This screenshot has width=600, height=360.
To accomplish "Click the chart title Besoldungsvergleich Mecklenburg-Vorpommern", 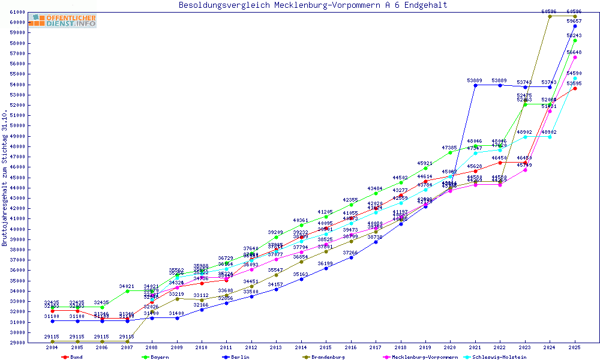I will [313, 5].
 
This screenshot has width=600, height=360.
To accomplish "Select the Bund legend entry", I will [73, 357].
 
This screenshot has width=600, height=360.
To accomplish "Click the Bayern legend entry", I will [154, 357].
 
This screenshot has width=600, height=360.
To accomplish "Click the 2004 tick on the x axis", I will [52, 347].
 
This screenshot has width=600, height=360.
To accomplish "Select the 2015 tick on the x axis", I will [326, 347].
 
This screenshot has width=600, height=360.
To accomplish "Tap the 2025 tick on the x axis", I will [575, 347].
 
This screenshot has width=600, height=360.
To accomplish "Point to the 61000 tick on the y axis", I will [17, 12].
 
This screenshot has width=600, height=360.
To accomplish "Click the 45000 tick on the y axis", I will [17, 178].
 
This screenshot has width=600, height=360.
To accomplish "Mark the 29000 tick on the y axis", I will [17, 343].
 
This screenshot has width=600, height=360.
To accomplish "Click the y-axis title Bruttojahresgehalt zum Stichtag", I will [5, 178].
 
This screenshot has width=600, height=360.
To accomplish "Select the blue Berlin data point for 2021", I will [475, 85].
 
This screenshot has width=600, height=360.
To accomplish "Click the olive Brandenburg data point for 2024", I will [550, 16].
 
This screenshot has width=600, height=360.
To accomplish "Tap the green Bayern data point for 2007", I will [127, 291].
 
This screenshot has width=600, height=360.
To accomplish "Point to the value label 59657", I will [574, 21].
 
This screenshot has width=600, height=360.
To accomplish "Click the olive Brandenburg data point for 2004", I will [52, 341].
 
